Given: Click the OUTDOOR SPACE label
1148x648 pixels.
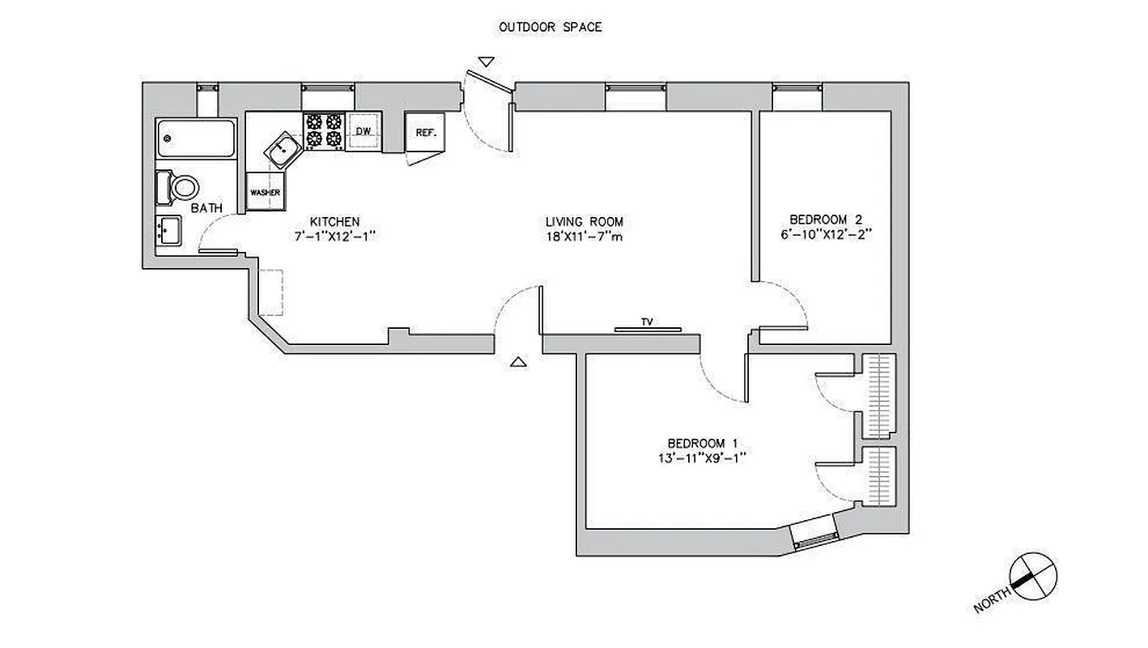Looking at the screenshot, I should click(550, 28).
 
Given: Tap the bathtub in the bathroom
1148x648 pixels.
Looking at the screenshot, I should click(197, 139).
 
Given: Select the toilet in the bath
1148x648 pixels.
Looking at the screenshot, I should click(179, 188).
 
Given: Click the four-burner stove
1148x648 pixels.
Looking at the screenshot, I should click(324, 131).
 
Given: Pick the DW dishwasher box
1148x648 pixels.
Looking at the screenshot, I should click(364, 131).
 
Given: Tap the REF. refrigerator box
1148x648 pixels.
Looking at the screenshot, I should click(425, 132).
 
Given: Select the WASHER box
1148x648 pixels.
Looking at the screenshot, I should click(266, 193).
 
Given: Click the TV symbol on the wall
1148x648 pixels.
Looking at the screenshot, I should click(648, 328).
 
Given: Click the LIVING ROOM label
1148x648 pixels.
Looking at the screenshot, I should click(585, 221).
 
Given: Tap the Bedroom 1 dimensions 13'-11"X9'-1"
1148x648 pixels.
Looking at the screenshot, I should click(702, 458).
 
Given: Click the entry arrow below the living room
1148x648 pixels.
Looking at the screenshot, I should click(519, 363).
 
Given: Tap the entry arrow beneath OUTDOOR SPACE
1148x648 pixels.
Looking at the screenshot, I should click(486, 62).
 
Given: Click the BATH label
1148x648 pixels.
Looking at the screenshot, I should click(206, 208).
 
